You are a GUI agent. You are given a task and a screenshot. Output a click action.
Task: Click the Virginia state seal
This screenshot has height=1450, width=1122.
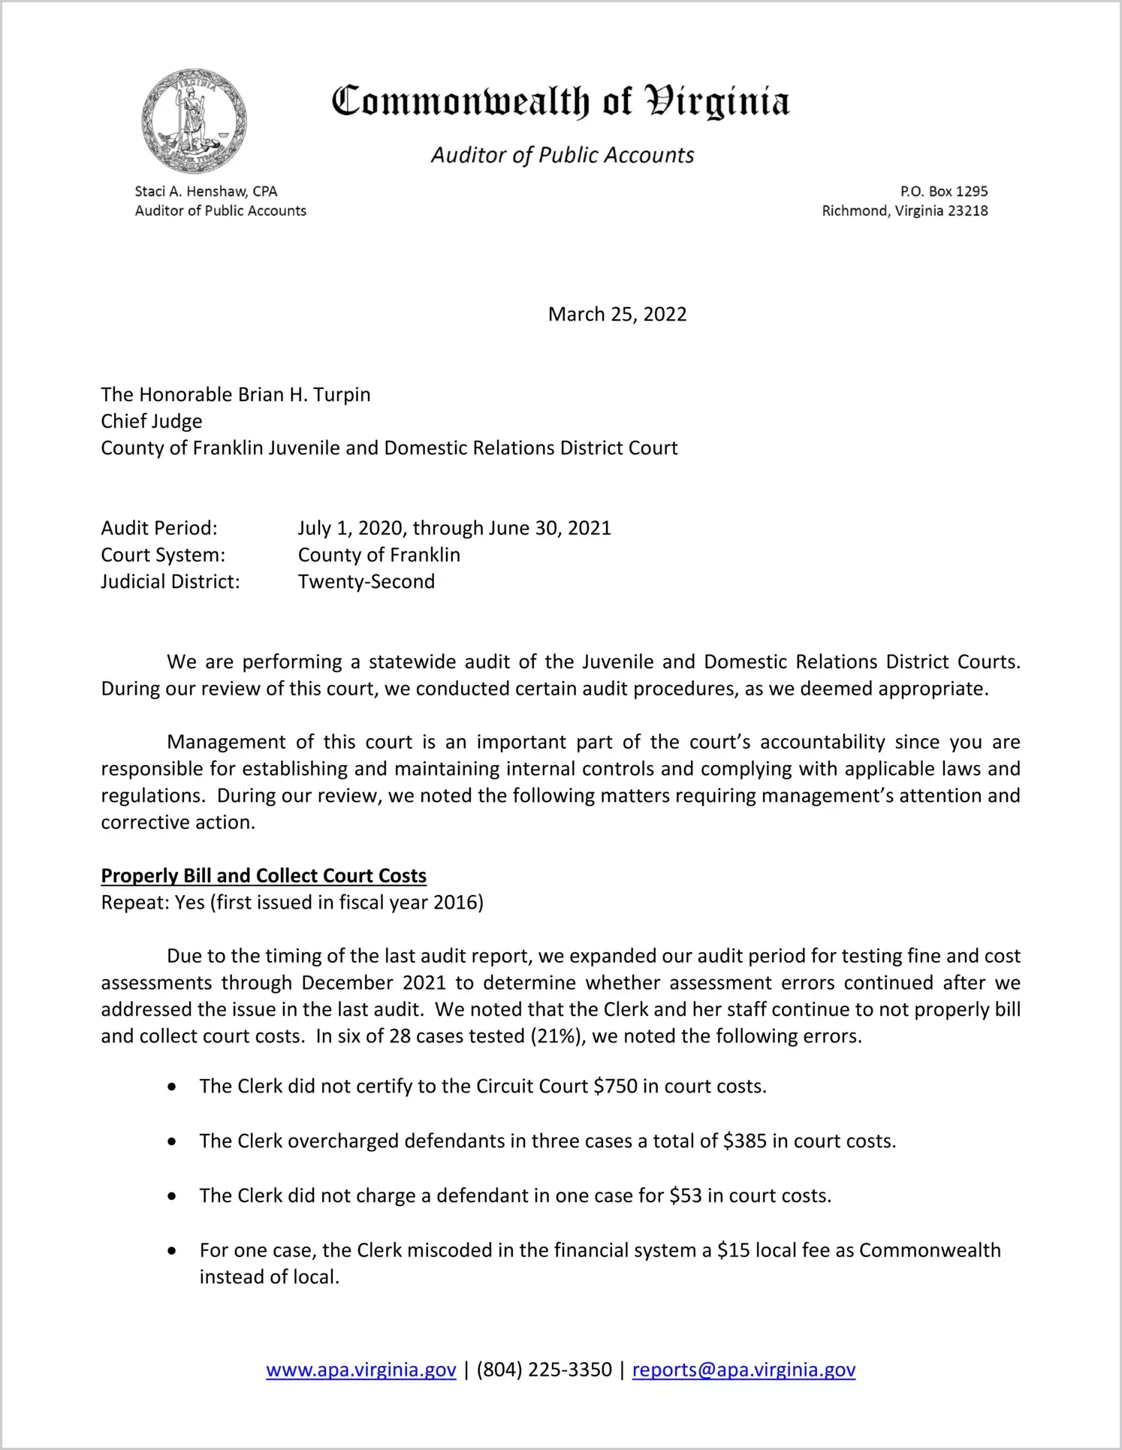pyautogui.click(x=194, y=121)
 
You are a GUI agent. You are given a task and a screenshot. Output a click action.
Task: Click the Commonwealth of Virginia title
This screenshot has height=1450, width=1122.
pyautogui.click(x=560, y=102)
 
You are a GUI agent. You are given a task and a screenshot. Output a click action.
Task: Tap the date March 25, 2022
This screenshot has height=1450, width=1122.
pyautogui.click(x=617, y=314)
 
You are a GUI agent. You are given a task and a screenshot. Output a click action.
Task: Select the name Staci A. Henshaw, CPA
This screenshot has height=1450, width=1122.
pyautogui.click(x=206, y=191)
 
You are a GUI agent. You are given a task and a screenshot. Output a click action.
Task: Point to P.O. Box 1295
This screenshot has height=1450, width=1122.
pyautogui.click(x=944, y=191)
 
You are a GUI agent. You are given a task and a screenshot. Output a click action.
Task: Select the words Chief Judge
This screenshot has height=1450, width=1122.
pyautogui.click(x=152, y=421)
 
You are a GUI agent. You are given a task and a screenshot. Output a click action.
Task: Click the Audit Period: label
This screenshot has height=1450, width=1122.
pyautogui.click(x=159, y=528)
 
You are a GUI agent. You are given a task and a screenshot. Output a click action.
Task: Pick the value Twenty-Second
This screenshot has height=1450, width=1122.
pyautogui.click(x=366, y=581)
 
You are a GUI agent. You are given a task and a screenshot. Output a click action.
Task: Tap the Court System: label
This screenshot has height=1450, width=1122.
pyautogui.click(x=163, y=555)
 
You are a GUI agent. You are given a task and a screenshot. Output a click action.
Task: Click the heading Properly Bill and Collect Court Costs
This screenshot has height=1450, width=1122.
pyautogui.click(x=264, y=876)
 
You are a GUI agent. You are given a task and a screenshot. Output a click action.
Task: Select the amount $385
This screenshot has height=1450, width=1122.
pyautogui.click(x=744, y=1141)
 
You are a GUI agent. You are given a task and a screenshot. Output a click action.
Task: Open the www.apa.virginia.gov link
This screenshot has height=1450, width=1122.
pyautogui.click(x=360, y=1370)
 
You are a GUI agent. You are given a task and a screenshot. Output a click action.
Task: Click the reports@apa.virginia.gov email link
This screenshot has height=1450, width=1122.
pyautogui.click(x=743, y=1370)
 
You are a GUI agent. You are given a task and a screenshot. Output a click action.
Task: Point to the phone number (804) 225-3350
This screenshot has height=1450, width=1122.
pyautogui.click(x=544, y=1370)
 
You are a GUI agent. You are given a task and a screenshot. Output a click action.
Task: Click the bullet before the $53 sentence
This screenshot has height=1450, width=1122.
pyautogui.click(x=173, y=1196)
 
